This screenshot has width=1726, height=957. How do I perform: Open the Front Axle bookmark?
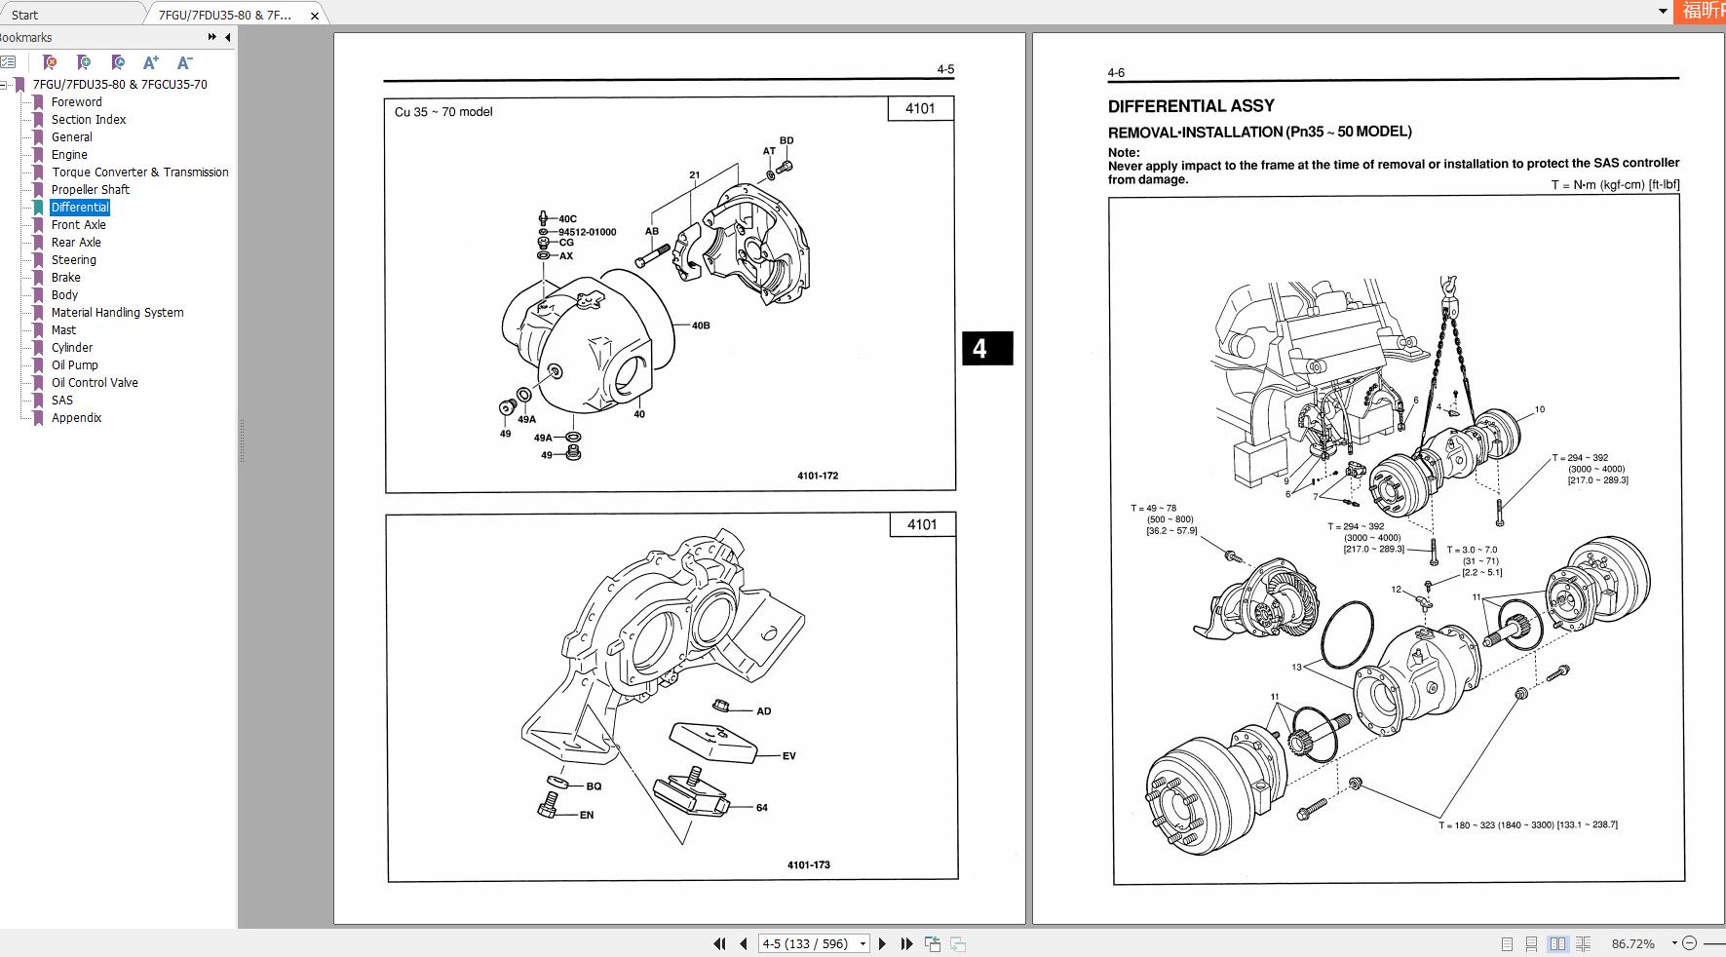tap(78, 225)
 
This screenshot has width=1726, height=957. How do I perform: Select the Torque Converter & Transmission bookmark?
tap(139, 172)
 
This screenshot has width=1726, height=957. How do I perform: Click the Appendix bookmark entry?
tap(76, 418)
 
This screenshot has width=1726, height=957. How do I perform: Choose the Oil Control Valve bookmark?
tap(95, 383)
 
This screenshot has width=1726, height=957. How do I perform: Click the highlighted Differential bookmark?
tap(80, 208)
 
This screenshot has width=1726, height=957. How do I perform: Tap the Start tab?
tap(25, 15)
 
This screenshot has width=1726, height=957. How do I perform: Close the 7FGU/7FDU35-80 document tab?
tap(315, 16)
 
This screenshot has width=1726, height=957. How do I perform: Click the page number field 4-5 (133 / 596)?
tap(805, 943)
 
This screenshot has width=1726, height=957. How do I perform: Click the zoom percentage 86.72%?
tap(1633, 943)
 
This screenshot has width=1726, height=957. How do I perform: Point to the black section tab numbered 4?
tap(980, 349)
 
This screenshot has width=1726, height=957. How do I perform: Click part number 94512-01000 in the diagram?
tap(587, 232)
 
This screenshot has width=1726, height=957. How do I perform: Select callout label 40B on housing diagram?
tap(701, 325)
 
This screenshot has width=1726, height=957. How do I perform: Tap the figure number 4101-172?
tap(818, 476)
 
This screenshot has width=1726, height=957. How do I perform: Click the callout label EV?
tap(788, 756)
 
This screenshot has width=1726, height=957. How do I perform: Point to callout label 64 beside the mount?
tap(761, 808)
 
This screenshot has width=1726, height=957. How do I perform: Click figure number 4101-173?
tap(809, 864)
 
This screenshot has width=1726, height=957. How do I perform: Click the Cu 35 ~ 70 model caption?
tap(443, 112)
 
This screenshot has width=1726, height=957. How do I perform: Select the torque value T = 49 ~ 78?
tap(1154, 508)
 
